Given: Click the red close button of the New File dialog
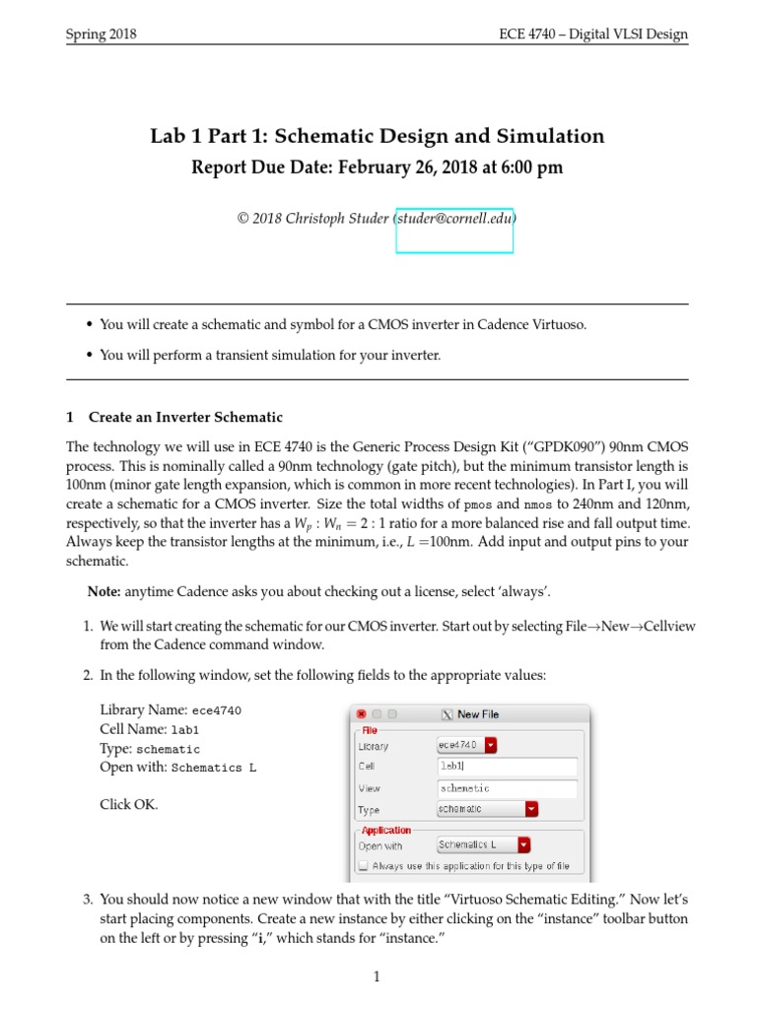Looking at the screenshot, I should [x=361, y=714].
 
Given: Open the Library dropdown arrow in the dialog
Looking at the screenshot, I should [x=491, y=745].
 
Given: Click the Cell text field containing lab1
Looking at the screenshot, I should [x=507, y=767].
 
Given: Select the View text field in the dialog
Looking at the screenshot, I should [x=507, y=788].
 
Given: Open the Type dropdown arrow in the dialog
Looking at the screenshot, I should [x=531, y=809].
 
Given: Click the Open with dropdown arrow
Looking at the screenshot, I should [x=523, y=845].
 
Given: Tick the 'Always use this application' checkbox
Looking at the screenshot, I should [x=364, y=866].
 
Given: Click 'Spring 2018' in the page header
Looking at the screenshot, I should [x=101, y=34].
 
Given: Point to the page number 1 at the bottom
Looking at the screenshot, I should [x=377, y=976].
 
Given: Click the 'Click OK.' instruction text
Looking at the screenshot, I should [x=129, y=804].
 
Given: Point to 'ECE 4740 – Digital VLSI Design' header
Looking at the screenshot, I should [x=593, y=34].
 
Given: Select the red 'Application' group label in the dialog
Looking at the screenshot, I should [x=386, y=830].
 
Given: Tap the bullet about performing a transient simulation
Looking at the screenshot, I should [x=270, y=356].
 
